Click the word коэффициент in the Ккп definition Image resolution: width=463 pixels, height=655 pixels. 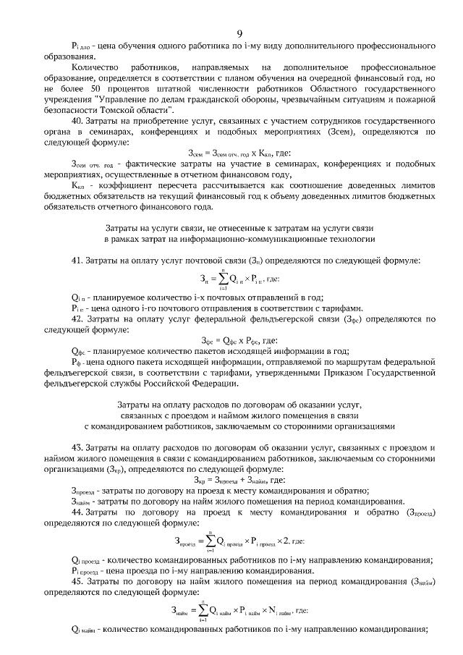pos(109,185)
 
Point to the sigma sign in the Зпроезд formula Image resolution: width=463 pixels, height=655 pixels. pos(211,541)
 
